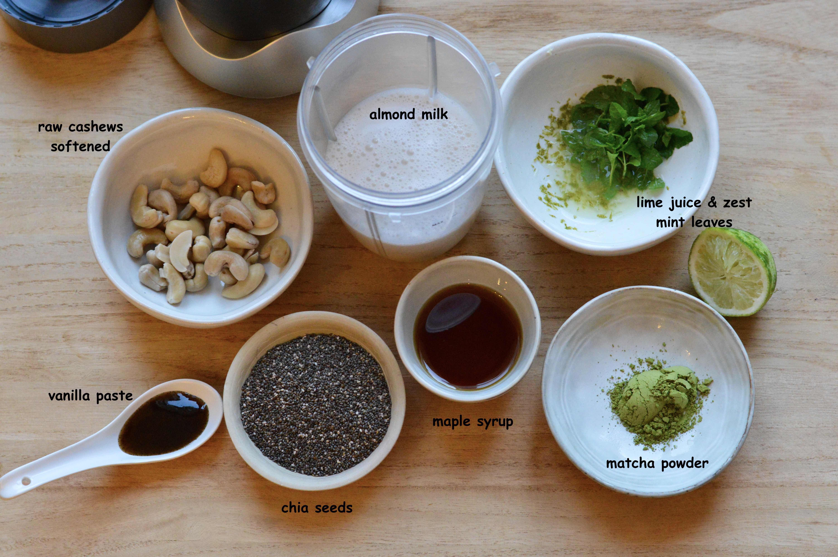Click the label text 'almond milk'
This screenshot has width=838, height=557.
(409, 114)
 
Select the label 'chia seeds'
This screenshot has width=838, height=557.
(317, 508)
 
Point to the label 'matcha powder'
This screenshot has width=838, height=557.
(657, 464)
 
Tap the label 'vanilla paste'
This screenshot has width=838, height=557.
(91, 396)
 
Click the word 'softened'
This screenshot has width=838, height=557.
(81, 146)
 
